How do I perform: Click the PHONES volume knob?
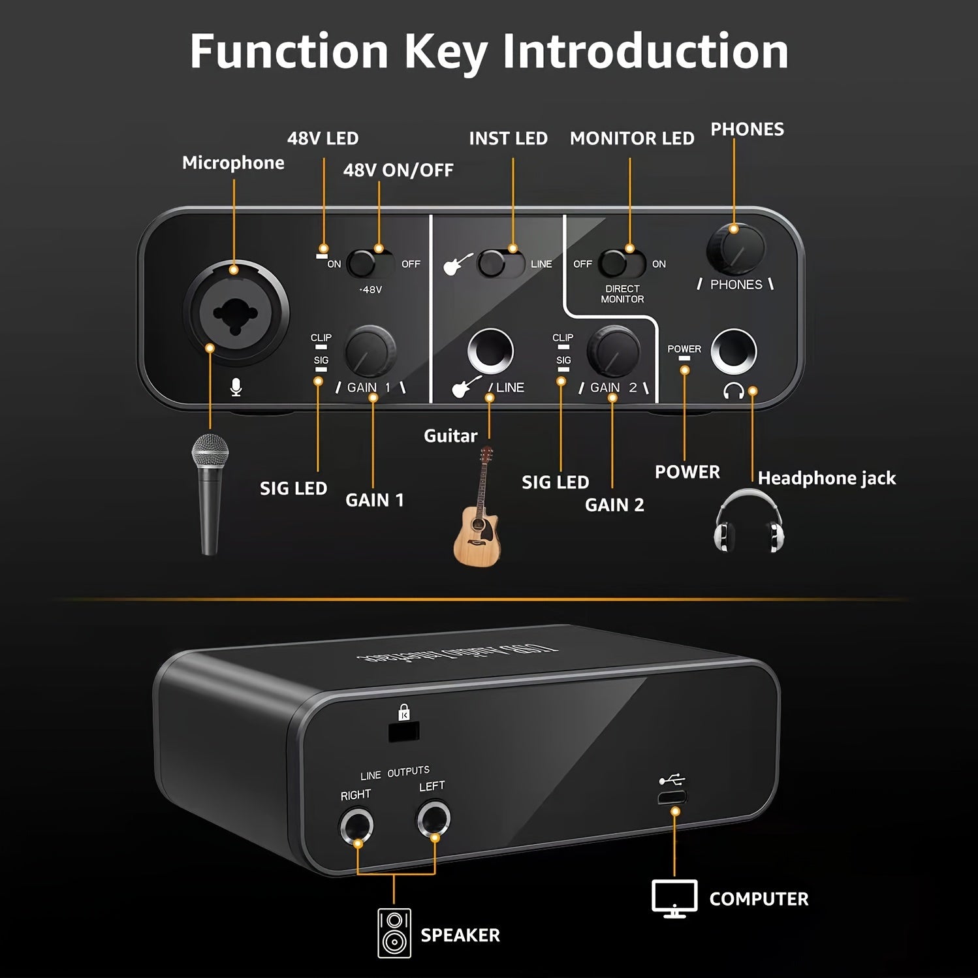tap(736, 249)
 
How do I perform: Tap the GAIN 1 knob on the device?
tap(370, 351)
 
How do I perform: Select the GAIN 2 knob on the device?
tap(613, 351)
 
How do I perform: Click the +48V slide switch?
tap(370, 264)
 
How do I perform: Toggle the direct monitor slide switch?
tap(622, 264)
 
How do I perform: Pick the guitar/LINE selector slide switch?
tap(501, 264)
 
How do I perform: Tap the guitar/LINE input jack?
tap(490, 351)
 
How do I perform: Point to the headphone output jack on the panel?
tap(734, 351)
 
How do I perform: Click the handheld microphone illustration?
tap(210, 493)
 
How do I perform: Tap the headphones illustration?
tap(748, 522)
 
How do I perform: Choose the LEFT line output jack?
tap(434, 819)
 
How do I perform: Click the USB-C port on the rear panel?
tap(672, 797)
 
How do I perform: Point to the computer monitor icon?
tap(674, 898)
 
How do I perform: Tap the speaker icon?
tap(394, 934)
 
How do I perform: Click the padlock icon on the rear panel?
tap(404, 712)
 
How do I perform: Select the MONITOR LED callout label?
tap(631, 138)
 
